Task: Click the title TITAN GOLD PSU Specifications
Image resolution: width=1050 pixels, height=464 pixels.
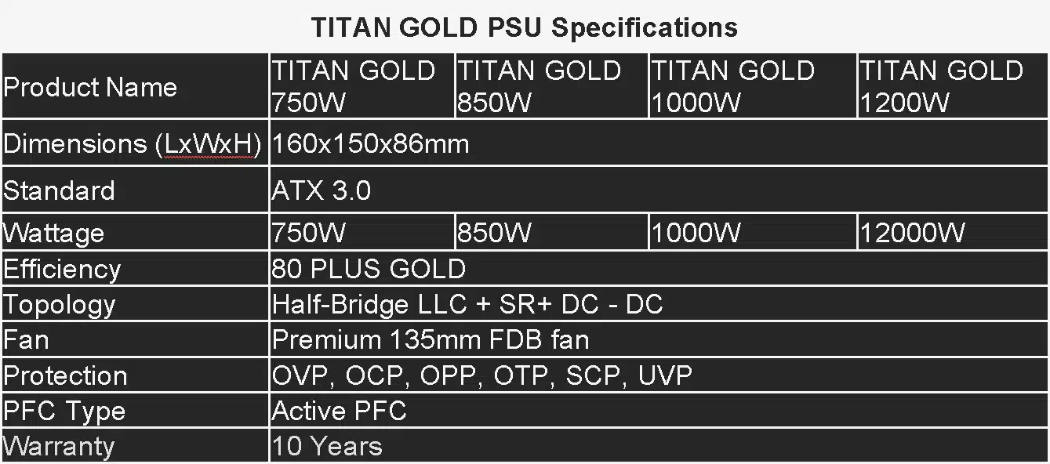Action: click(525, 27)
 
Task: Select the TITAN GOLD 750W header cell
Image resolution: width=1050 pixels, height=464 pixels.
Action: click(362, 85)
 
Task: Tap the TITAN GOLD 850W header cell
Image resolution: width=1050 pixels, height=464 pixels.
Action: click(551, 85)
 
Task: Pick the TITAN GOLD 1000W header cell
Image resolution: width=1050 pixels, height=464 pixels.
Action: click(753, 85)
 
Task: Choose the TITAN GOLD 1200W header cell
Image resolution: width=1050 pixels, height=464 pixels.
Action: click(953, 85)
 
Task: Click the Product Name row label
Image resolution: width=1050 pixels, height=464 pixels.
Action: click(90, 87)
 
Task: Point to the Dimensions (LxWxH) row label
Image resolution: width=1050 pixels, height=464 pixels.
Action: click(132, 144)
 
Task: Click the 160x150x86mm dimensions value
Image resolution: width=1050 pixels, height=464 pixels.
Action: click(370, 143)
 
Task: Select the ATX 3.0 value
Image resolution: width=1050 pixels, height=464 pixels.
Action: click(321, 190)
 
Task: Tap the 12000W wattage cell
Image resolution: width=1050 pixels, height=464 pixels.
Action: click(912, 233)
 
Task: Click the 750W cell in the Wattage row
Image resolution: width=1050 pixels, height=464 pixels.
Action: click(308, 233)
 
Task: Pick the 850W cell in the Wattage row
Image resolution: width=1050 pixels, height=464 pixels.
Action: click(494, 233)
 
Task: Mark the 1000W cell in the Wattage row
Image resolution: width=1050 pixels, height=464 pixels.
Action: click(696, 233)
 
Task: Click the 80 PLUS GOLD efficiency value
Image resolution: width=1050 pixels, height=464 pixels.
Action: click(369, 269)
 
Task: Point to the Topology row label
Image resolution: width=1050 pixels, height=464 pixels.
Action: click(59, 306)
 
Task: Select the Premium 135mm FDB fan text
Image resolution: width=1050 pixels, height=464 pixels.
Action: click(431, 339)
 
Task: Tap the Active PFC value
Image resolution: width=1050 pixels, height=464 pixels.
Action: click(339, 411)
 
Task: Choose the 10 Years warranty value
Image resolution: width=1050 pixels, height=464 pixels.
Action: click(327, 446)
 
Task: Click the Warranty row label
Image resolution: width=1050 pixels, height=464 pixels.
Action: click(59, 447)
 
